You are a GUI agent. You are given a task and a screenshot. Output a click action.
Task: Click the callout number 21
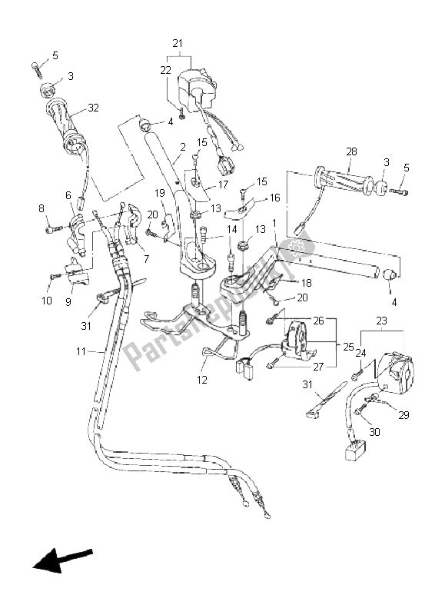(178, 42)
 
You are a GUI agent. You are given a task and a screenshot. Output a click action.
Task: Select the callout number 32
(93, 108)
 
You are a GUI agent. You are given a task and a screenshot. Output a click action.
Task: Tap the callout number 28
(351, 152)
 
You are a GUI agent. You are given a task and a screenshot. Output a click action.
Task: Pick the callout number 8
(42, 208)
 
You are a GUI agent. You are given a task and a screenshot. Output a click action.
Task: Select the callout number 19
(160, 192)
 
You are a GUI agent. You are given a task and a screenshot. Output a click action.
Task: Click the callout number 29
(403, 415)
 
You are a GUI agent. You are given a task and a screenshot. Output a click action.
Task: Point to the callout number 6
(68, 196)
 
